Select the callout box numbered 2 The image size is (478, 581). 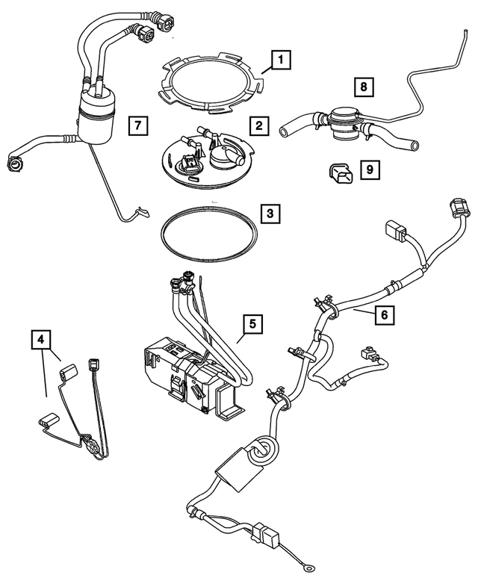258,126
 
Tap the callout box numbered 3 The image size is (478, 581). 270,214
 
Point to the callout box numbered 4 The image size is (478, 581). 41,341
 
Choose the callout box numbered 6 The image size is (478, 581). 383,315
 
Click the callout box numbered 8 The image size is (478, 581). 363,88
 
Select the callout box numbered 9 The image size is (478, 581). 369,170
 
